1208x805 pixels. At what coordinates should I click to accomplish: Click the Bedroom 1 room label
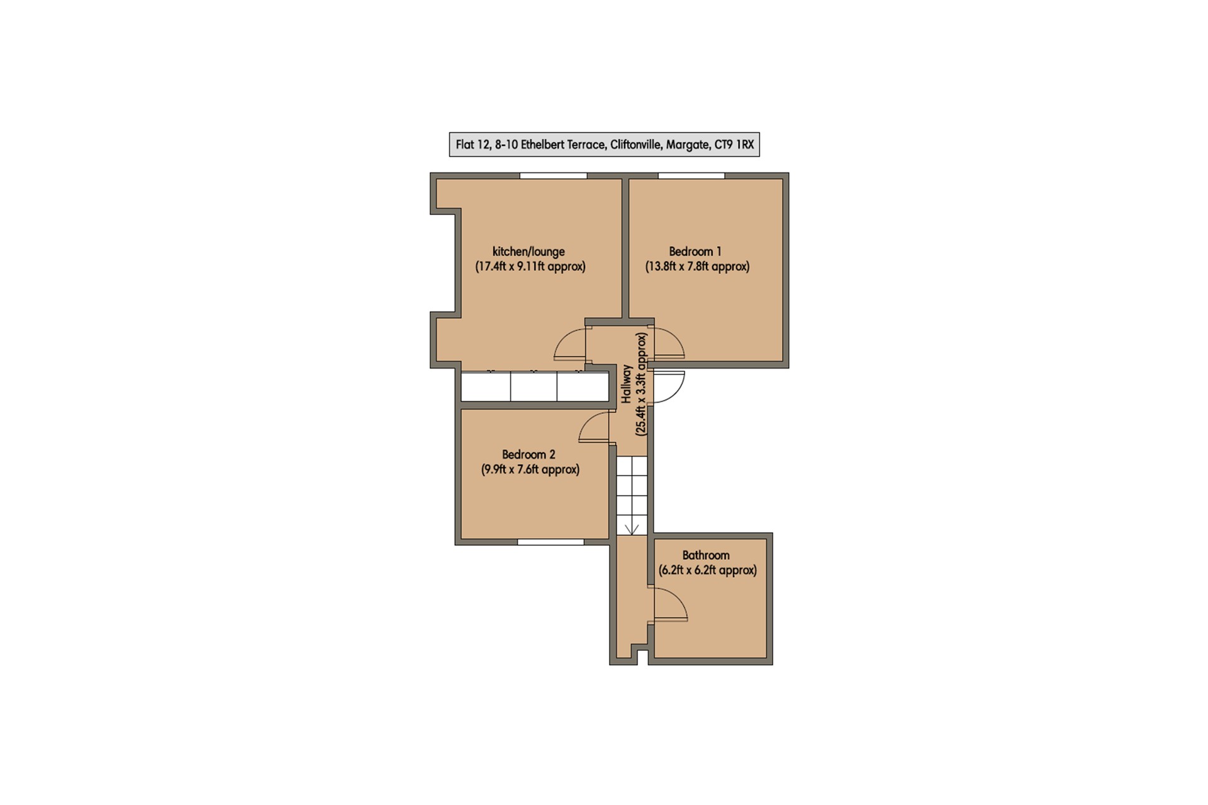pos(695,252)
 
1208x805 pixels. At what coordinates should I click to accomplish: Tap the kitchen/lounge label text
pos(528,252)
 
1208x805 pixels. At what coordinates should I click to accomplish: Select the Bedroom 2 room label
pos(528,454)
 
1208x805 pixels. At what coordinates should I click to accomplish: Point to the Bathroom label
pos(706,555)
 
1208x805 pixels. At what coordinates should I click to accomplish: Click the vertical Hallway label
pos(627,384)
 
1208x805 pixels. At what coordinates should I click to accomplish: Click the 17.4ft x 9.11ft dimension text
pos(530,267)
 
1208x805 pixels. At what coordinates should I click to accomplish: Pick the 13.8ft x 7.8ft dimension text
pos(697,267)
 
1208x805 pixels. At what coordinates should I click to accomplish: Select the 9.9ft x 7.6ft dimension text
pos(530,470)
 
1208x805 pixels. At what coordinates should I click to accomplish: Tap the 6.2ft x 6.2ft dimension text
pos(708,570)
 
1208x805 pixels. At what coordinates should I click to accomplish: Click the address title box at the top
pos(604,145)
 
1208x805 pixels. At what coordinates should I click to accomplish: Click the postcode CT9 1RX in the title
pos(734,145)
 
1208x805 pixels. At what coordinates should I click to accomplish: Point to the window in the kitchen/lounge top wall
pos(554,176)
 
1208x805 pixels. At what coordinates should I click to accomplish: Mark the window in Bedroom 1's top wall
pos(691,176)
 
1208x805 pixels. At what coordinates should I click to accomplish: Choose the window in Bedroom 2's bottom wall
pos(551,541)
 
